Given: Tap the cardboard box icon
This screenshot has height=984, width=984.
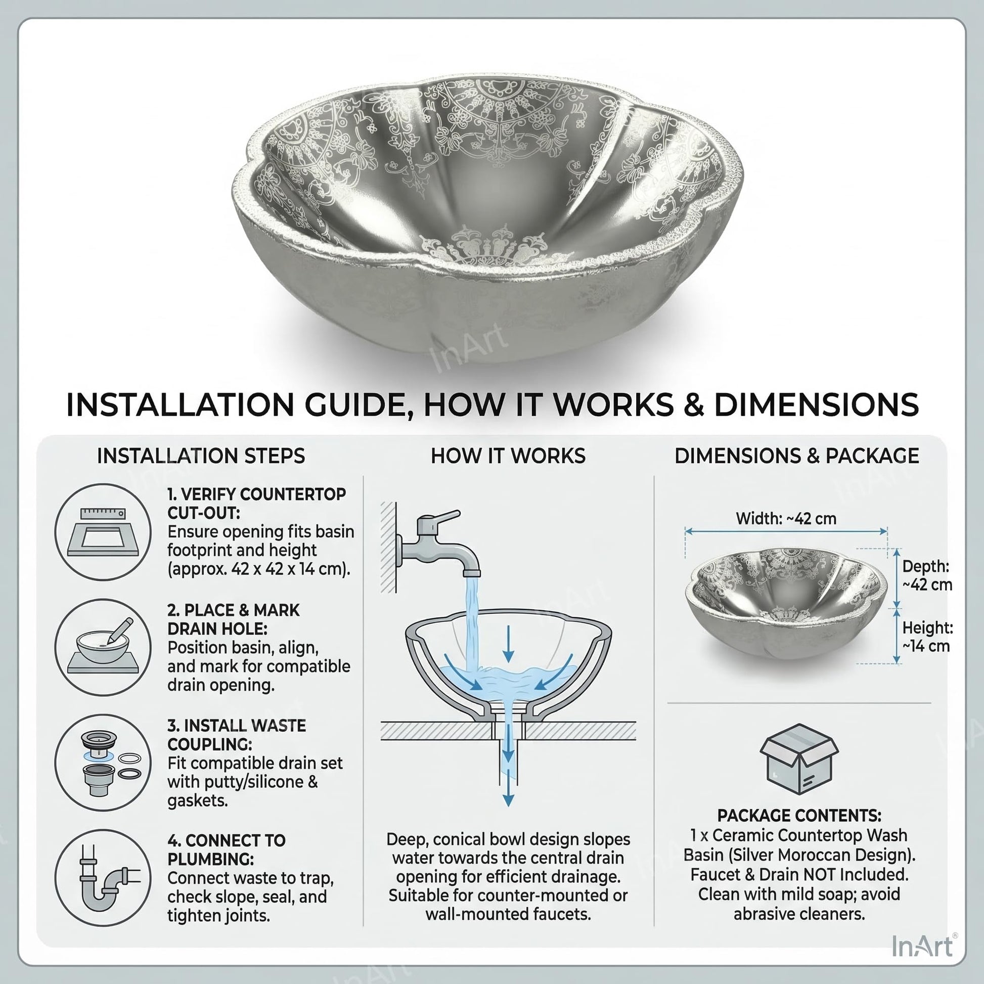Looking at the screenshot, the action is click(x=798, y=759).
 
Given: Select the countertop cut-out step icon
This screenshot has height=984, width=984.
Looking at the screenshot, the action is click(x=103, y=532).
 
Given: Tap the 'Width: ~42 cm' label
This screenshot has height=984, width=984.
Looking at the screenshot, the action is click(x=786, y=518).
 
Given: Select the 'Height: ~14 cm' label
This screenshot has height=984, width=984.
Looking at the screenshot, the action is click(x=927, y=637).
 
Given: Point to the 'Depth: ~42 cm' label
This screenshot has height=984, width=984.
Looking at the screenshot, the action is click(x=927, y=575).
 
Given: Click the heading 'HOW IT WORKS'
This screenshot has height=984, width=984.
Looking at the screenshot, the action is click(x=508, y=456).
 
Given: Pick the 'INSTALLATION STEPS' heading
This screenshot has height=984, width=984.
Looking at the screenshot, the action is click(x=201, y=456).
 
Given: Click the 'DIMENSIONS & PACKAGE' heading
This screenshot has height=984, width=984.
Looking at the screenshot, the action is click(x=796, y=456).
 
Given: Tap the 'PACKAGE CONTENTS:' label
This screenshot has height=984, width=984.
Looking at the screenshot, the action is click(x=799, y=816).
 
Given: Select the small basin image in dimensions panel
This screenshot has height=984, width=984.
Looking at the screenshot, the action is click(x=786, y=604).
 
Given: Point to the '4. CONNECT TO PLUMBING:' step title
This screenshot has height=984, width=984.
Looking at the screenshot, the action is click(x=226, y=850).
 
